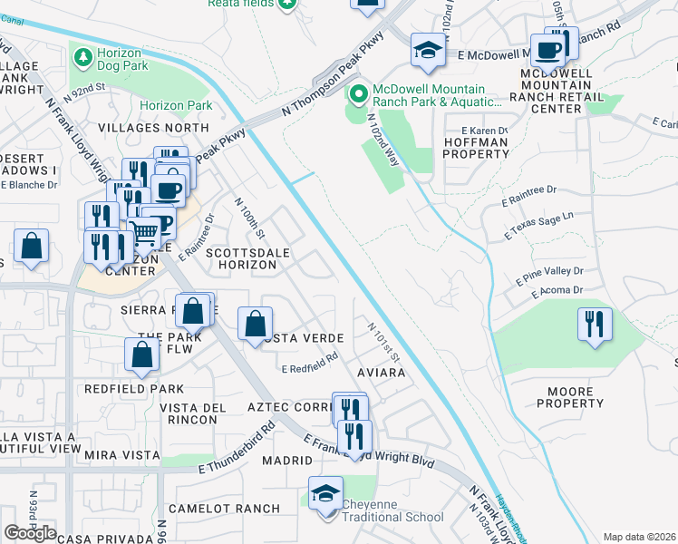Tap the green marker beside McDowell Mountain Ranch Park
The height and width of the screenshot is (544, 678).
click(358, 93)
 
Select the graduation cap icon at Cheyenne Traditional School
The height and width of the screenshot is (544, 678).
click(325, 495)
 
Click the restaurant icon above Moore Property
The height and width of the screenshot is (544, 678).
click(594, 325)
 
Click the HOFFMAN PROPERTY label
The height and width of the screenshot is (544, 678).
click(476, 148)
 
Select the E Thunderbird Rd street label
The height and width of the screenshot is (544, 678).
click(236, 449)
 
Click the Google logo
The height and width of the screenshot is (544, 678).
click(30, 532)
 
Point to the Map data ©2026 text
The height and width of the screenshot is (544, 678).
click(639, 537)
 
